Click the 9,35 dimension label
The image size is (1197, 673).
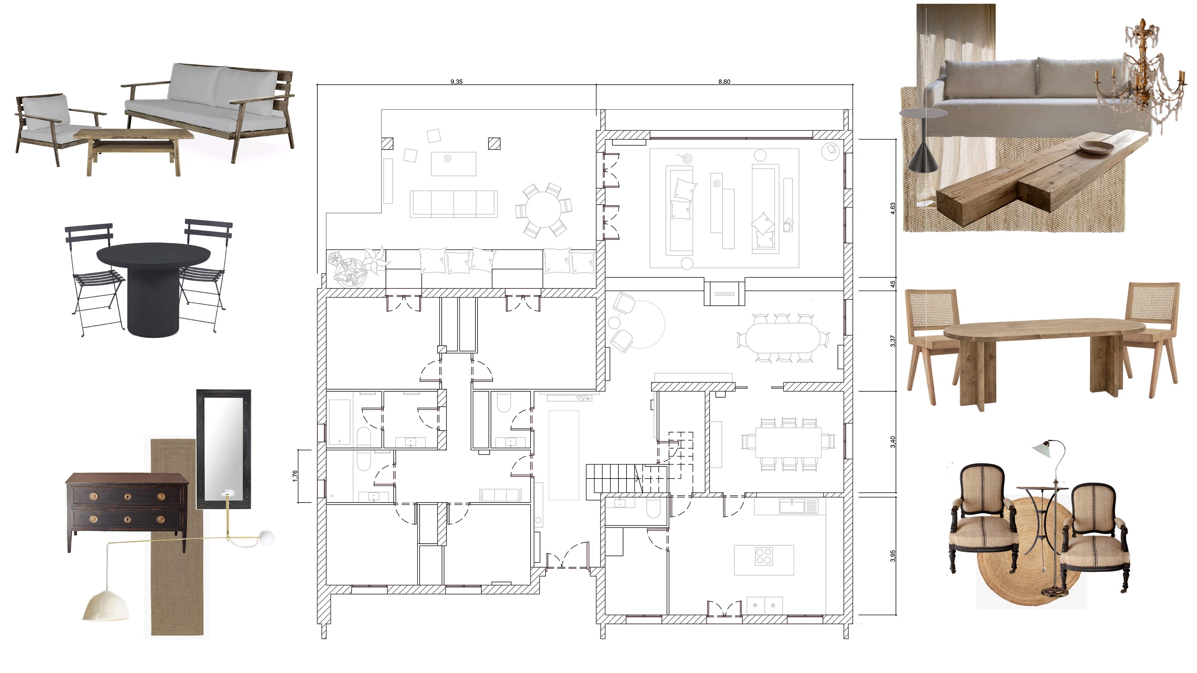point(456,82)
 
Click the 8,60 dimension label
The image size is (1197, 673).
point(724,82)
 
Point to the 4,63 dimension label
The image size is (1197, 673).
point(893,208)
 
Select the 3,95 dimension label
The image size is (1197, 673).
point(893,556)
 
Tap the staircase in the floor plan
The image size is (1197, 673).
point(627,478)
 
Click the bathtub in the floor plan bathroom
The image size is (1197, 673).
point(340,422)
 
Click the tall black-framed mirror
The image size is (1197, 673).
point(224,449)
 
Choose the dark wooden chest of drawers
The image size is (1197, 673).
point(127,511)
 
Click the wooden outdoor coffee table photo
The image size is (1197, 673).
point(133,151)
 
